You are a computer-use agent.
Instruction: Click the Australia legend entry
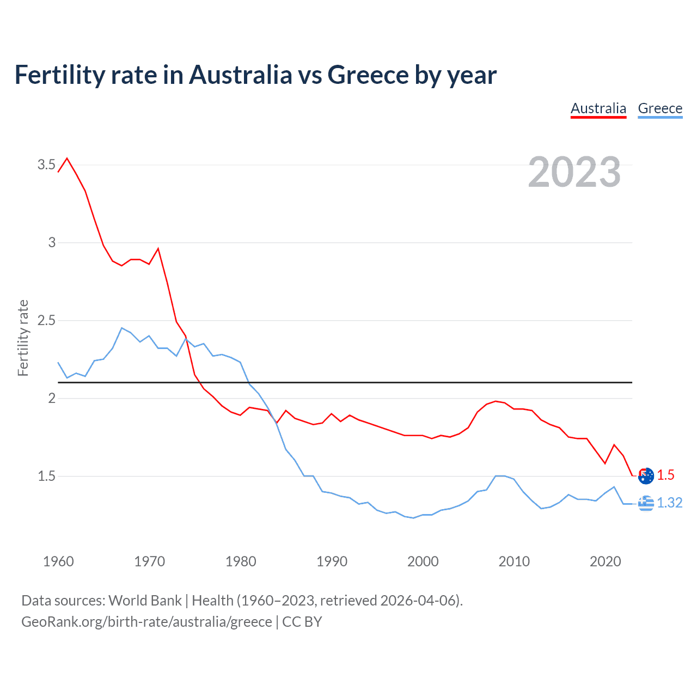point(598,108)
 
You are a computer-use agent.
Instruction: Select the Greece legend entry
point(660,108)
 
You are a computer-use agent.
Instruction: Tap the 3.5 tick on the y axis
point(46,164)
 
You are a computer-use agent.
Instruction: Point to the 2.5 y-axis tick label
point(46,320)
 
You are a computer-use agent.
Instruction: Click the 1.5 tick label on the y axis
point(46,476)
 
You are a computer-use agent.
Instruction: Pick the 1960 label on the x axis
point(58,561)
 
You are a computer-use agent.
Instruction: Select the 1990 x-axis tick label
point(332,561)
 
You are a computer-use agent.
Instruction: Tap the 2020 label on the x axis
point(605,561)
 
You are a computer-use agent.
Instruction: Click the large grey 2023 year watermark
point(574,172)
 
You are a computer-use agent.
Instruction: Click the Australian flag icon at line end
point(646,475)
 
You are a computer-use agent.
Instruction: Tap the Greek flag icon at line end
point(646,504)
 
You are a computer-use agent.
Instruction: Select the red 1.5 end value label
point(665,475)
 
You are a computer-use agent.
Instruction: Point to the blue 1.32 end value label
point(669,503)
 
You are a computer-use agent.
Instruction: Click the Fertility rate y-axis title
point(23,338)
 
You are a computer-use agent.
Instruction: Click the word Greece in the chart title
point(368,75)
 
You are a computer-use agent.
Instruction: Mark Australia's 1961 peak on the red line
point(67,158)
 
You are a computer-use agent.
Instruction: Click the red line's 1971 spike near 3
point(158,249)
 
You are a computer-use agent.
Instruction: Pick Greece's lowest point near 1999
point(413,518)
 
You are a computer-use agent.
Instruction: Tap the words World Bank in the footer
point(145,601)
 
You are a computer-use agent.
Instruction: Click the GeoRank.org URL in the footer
point(146,622)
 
